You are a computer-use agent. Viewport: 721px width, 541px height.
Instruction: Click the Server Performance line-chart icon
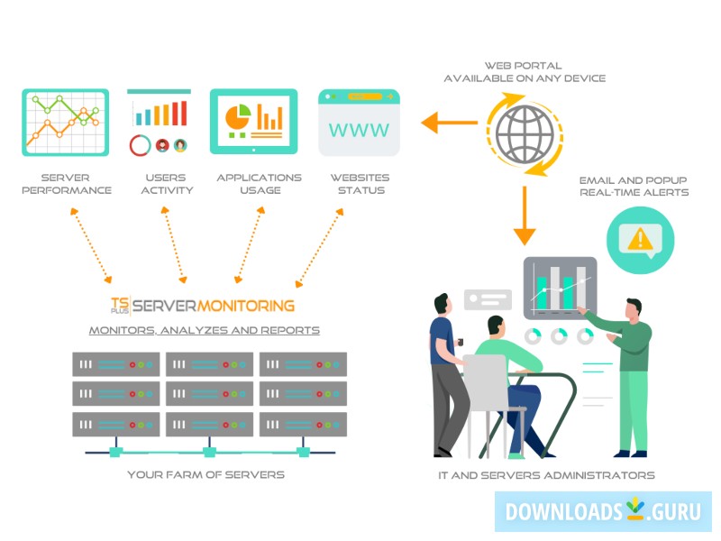coord(65,122)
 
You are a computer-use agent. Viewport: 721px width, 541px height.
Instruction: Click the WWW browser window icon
coord(360,122)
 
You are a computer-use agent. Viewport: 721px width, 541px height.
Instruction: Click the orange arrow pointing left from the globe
coord(443,122)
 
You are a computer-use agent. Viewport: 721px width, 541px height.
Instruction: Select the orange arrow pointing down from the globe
coord(525,217)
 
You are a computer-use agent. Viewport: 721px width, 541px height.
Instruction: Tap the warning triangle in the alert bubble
coord(640,238)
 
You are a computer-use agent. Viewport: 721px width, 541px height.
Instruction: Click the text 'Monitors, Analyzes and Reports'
coord(204,330)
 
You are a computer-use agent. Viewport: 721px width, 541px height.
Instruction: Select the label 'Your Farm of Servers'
coord(205,474)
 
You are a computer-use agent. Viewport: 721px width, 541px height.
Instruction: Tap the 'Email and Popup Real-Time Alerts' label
coord(634,186)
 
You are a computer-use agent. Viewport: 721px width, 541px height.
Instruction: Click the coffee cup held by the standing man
coord(460,343)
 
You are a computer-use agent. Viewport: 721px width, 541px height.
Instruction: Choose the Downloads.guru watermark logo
coord(603,511)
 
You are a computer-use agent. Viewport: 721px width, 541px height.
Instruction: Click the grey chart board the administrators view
coord(560,287)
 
